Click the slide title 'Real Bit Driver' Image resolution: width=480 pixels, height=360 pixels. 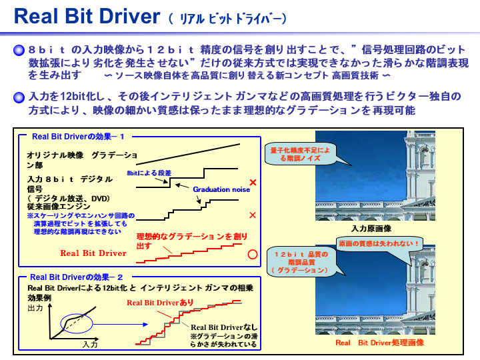point(87,16)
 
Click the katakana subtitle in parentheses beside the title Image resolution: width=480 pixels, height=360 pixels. point(229,18)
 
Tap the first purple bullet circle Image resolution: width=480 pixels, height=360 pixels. point(20,50)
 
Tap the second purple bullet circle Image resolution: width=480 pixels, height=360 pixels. point(20,97)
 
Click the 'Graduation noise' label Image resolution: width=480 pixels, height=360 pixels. point(221,189)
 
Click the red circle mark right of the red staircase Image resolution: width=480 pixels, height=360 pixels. point(252,254)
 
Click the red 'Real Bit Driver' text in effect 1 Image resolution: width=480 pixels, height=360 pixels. point(93,253)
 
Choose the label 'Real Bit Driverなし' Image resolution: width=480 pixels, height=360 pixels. point(224,327)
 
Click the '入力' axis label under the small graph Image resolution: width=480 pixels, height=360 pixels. point(90,345)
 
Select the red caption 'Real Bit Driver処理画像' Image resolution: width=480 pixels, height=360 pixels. point(378,343)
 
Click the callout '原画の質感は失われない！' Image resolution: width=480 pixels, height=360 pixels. point(379,244)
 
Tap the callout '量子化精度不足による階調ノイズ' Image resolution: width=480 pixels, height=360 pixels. point(300,155)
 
